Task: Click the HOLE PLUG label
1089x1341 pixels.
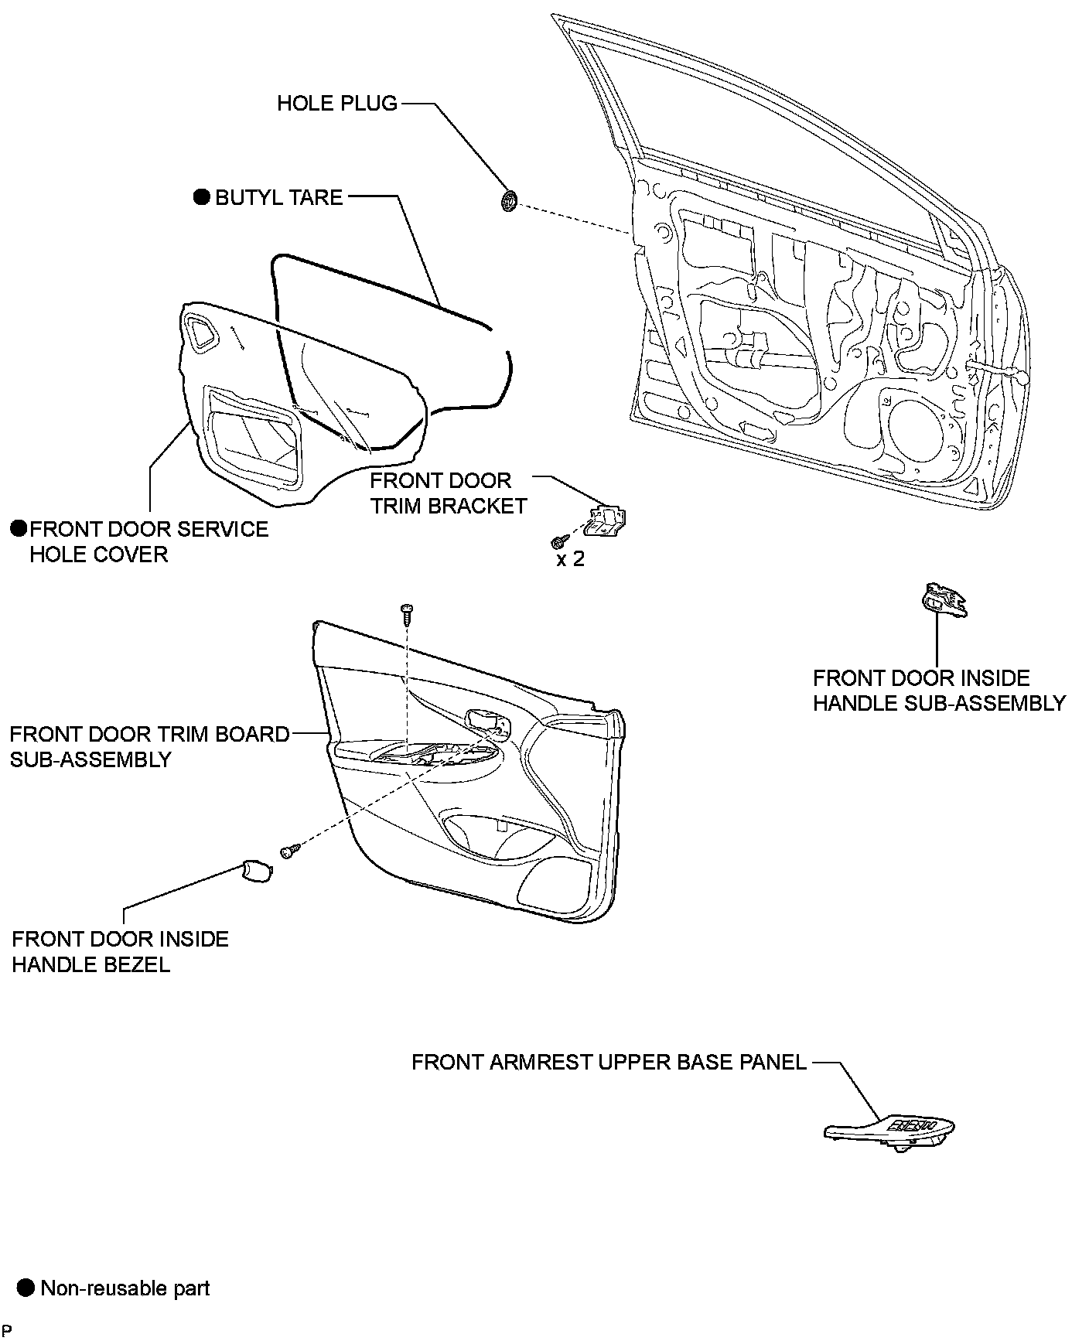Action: click(x=337, y=103)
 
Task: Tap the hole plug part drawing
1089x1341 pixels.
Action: click(x=509, y=201)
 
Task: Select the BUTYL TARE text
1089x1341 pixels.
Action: click(x=278, y=197)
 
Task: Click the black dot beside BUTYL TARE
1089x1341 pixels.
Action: click(x=202, y=197)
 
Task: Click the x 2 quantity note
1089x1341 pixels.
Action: click(x=571, y=558)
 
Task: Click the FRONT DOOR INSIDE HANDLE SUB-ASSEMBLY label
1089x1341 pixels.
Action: click(x=939, y=691)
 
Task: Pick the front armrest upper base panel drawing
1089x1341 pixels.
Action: click(x=889, y=1130)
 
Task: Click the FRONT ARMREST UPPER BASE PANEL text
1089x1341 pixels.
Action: click(x=609, y=1062)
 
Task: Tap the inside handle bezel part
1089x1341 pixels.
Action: click(x=256, y=870)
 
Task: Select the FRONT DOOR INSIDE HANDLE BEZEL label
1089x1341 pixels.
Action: click(x=120, y=952)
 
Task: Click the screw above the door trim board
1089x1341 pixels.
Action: click(x=406, y=613)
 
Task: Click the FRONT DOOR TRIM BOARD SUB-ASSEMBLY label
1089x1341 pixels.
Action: click(x=149, y=746)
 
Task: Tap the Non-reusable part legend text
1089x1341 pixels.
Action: click(x=125, y=1288)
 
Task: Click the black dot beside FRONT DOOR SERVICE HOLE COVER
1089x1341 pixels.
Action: click(x=19, y=529)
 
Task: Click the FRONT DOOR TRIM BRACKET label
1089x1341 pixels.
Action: click(x=448, y=493)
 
